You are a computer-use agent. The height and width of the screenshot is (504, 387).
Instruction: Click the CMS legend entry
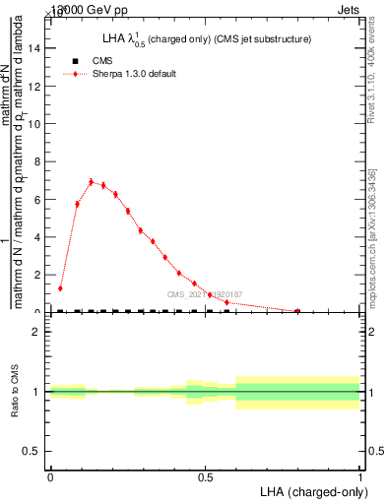click(x=102, y=61)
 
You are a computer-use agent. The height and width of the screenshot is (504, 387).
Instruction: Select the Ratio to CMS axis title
click(x=15, y=391)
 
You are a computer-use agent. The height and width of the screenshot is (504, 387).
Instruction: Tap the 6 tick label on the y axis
click(x=37, y=199)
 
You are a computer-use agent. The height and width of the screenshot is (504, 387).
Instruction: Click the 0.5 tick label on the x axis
click(x=205, y=476)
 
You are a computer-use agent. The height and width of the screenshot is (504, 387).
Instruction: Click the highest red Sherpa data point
click(x=92, y=181)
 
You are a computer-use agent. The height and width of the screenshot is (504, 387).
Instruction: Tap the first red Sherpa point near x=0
click(x=61, y=288)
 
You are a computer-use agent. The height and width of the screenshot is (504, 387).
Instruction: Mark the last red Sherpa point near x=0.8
click(x=297, y=311)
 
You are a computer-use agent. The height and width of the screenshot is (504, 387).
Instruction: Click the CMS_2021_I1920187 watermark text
click(x=204, y=294)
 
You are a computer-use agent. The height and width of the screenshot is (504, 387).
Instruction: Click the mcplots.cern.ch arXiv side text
click(x=377, y=236)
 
